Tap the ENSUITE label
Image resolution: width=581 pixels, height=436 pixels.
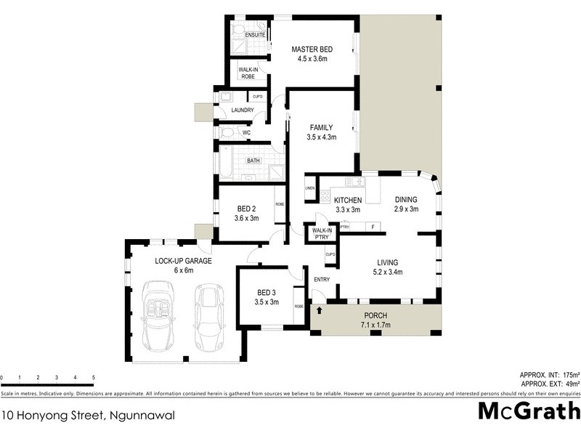coord(255,34)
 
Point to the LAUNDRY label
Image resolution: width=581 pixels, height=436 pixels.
coord(242,110)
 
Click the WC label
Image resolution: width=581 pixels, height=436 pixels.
coord(246,133)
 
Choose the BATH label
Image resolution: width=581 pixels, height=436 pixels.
coord(253,161)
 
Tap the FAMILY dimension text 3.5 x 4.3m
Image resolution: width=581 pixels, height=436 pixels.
coord(321,136)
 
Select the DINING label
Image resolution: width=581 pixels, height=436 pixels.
coord(406,200)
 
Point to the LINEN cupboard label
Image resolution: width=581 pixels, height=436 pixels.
coord(309,189)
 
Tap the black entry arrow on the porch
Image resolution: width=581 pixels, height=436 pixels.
coord(319,310)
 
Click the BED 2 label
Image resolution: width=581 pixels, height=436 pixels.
coord(246,209)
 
